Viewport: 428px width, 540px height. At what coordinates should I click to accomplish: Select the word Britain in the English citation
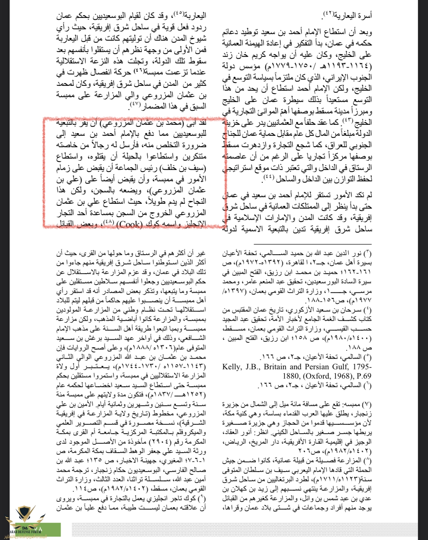coord(276,367)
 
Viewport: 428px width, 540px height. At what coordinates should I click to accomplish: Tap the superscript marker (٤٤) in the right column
coord(268,177)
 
